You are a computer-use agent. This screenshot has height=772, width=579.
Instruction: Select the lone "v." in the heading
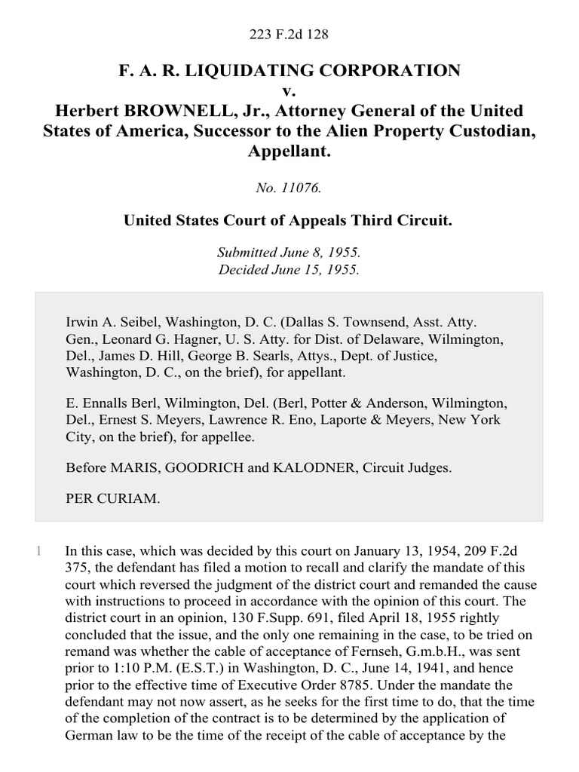click(x=289, y=91)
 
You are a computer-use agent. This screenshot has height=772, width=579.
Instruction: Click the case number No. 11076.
click(x=289, y=189)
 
